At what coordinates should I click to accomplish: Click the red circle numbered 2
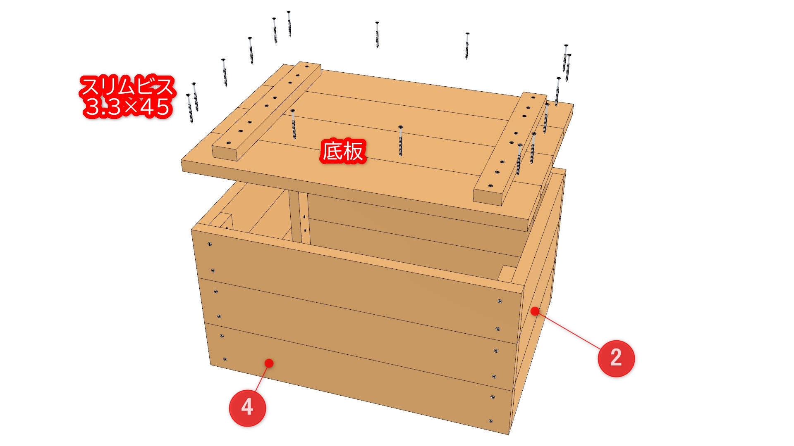tap(616, 358)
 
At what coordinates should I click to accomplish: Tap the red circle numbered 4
tap(247, 407)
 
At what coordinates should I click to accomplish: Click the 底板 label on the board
tap(343, 151)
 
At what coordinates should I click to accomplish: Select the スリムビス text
tap(127, 87)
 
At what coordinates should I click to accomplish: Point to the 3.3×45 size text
tap(127, 107)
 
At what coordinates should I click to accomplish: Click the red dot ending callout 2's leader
tap(535, 311)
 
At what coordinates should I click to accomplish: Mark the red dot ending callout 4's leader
tap(269, 363)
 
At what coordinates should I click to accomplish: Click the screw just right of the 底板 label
tap(400, 140)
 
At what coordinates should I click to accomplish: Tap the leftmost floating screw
tap(190, 108)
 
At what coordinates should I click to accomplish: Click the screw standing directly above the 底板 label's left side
tap(293, 124)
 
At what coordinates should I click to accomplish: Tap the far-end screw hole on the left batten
tap(306, 66)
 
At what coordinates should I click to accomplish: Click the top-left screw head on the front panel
tap(210, 244)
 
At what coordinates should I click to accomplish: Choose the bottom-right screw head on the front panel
tap(490, 421)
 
